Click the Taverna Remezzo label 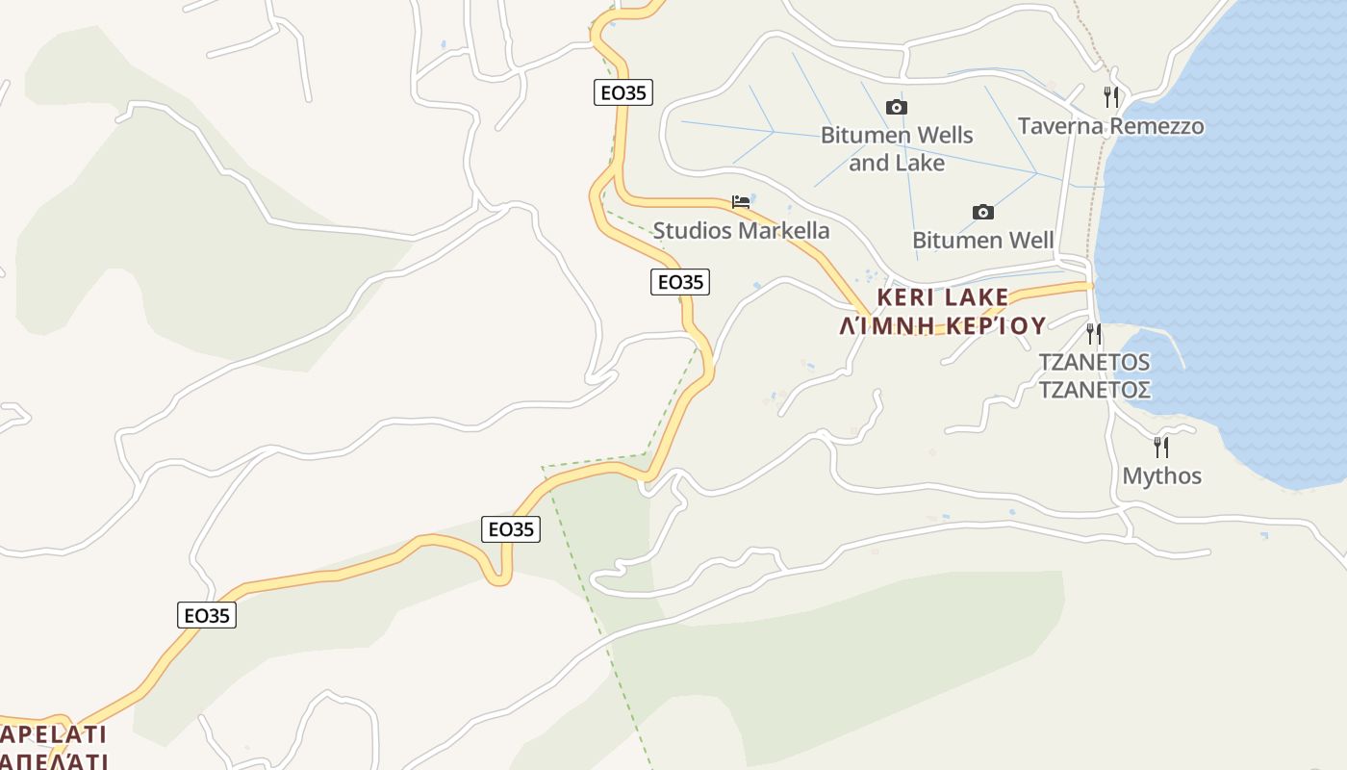coord(1110,126)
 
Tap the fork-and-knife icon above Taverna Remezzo coord(1110,97)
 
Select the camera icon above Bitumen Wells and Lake coord(897,107)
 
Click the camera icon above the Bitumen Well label coord(982,212)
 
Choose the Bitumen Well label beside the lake coord(982,240)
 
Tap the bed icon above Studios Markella coord(741,202)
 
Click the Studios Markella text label coord(741,230)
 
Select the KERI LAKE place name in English coord(943,296)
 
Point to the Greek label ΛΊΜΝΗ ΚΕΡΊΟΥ coord(943,325)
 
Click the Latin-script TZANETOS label coord(1094,362)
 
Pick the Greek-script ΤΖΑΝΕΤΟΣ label coord(1094,390)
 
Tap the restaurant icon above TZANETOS coord(1094,334)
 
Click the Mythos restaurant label coord(1161,475)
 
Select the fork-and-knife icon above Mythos coord(1161,447)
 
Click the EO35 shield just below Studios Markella coord(680,282)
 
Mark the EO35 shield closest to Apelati coord(207,615)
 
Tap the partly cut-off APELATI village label coord(53,735)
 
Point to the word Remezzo coord(1156,126)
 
